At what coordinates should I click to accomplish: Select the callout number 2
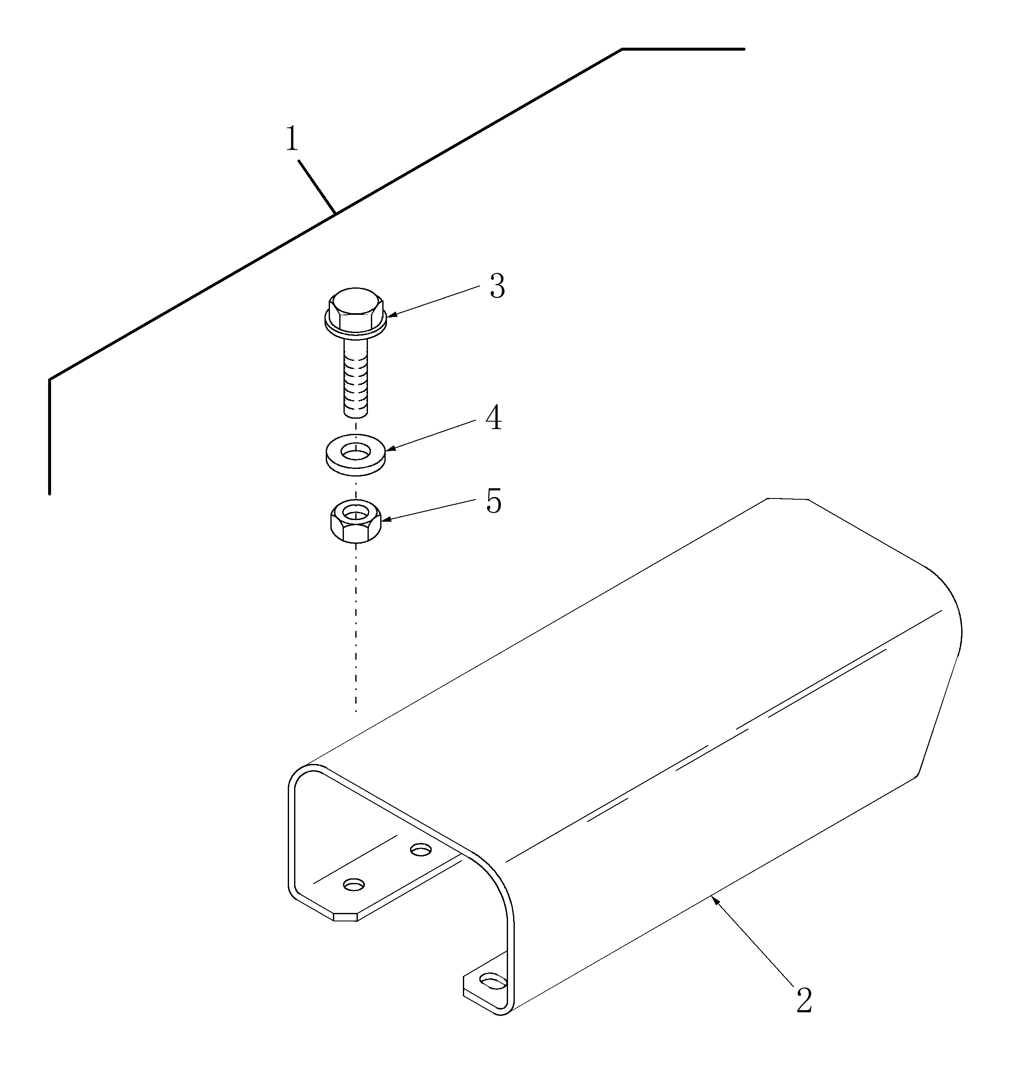pos(804,1001)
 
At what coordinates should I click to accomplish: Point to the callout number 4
pos(494,418)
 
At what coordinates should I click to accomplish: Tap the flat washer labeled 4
pos(355,455)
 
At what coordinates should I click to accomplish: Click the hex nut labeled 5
pos(356,521)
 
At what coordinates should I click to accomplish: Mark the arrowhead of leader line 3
pos(392,314)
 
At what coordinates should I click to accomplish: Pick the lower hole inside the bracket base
pos(354,885)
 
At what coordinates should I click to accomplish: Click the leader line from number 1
pos(317,187)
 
